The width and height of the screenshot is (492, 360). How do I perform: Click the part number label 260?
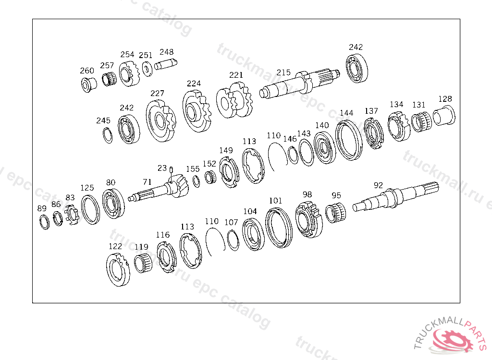pyautogui.click(x=87, y=71)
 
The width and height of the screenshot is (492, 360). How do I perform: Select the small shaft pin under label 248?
pyautogui.click(x=166, y=64)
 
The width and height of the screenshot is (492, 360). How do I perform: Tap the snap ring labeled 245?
pyautogui.click(x=108, y=135)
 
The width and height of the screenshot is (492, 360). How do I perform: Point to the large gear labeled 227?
pyautogui.click(x=160, y=121)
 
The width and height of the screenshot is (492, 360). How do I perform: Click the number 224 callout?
pyautogui.click(x=194, y=84)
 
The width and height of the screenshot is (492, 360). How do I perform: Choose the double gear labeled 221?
pyautogui.click(x=234, y=100)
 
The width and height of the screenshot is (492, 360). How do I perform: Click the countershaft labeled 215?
pyautogui.click(x=299, y=83)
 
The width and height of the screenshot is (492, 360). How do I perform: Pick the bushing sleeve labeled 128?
pyautogui.click(x=443, y=115)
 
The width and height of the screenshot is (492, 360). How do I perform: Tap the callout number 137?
pyautogui.click(x=371, y=111)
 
